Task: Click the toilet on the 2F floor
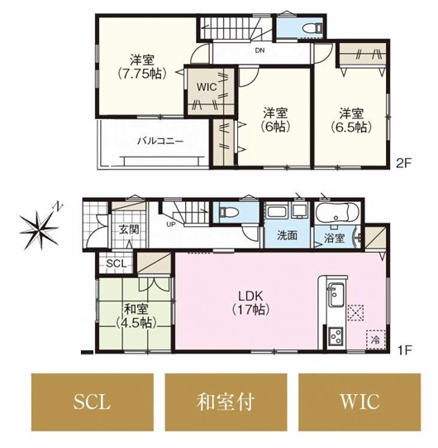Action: pos(312,28)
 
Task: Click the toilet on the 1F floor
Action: pos(229,212)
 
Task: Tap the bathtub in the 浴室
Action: pos(337,213)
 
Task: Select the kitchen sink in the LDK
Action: pos(336,295)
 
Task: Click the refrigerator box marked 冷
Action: pos(375,340)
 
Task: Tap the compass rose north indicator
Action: pos(40,227)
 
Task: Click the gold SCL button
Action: pos(93,402)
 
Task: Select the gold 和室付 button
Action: pos(226,402)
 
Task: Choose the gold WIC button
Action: pos(359,402)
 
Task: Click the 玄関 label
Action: pos(129,229)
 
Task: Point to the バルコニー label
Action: pos(160,141)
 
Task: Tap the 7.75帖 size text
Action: pos(141,75)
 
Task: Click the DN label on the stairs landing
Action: pos(259,51)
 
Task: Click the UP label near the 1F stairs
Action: pos(171,224)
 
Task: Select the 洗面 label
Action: pos(287,235)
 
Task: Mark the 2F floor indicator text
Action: pos(403,163)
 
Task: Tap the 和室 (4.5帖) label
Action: pos(136,316)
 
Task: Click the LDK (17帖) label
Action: pos(250,303)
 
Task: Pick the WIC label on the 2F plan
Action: pos(207,87)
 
